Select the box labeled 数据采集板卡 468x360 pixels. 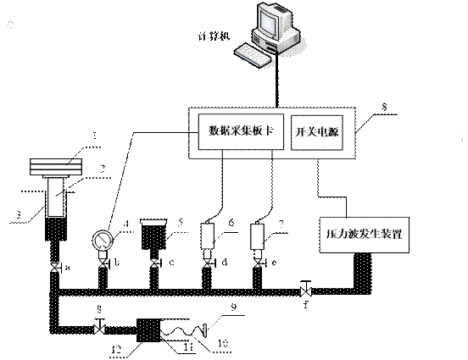(x=238, y=131)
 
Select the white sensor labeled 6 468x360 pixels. (x=207, y=233)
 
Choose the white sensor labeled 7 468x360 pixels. (x=256, y=233)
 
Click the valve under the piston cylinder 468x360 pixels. (x=53, y=269)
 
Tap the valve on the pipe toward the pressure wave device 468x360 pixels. (x=305, y=293)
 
